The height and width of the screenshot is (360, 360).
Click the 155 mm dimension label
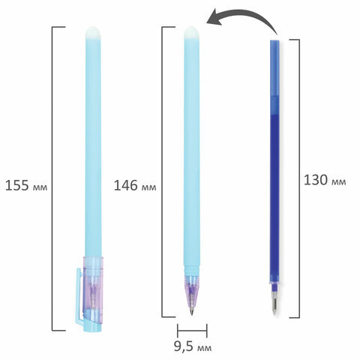pos(26,186)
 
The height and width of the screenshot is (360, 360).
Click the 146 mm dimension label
pos(135,186)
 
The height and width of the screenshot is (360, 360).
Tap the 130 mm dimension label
pos(325,180)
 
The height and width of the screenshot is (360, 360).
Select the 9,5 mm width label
pos(193,346)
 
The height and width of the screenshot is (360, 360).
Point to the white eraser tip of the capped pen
pos(93,32)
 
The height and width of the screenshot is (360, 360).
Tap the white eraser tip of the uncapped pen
pos(192,32)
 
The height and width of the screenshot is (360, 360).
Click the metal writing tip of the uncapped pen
pos(192,310)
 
